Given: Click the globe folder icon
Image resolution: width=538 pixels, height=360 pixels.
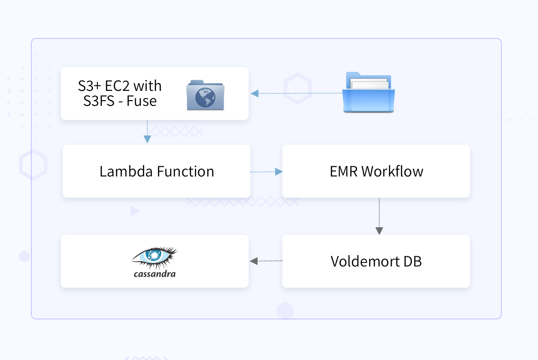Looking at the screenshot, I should [205, 95].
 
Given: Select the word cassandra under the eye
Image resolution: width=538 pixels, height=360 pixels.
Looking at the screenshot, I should [154, 274].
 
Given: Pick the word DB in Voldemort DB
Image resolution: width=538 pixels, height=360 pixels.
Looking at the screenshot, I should [412, 261].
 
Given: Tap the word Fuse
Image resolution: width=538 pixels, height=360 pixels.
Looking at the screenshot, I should [142, 101].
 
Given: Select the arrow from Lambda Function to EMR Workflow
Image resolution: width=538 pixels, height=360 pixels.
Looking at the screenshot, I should [266, 172].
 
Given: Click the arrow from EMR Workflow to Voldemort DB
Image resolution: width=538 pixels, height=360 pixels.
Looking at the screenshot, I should [379, 216].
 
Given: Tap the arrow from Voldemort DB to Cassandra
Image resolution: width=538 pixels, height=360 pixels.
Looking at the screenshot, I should [265, 261].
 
